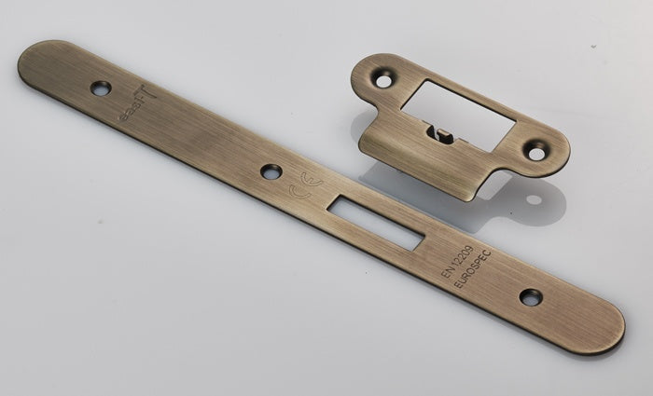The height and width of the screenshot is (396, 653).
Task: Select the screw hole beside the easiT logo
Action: (100, 89)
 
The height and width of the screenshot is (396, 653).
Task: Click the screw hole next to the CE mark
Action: (271, 171)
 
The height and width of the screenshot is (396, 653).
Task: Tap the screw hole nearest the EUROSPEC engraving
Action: (530, 297)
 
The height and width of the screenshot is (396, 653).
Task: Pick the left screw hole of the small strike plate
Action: (383, 81)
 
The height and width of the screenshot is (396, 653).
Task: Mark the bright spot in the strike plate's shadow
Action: (533, 198)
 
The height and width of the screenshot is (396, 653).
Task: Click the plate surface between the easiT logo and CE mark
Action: (205, 140)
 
